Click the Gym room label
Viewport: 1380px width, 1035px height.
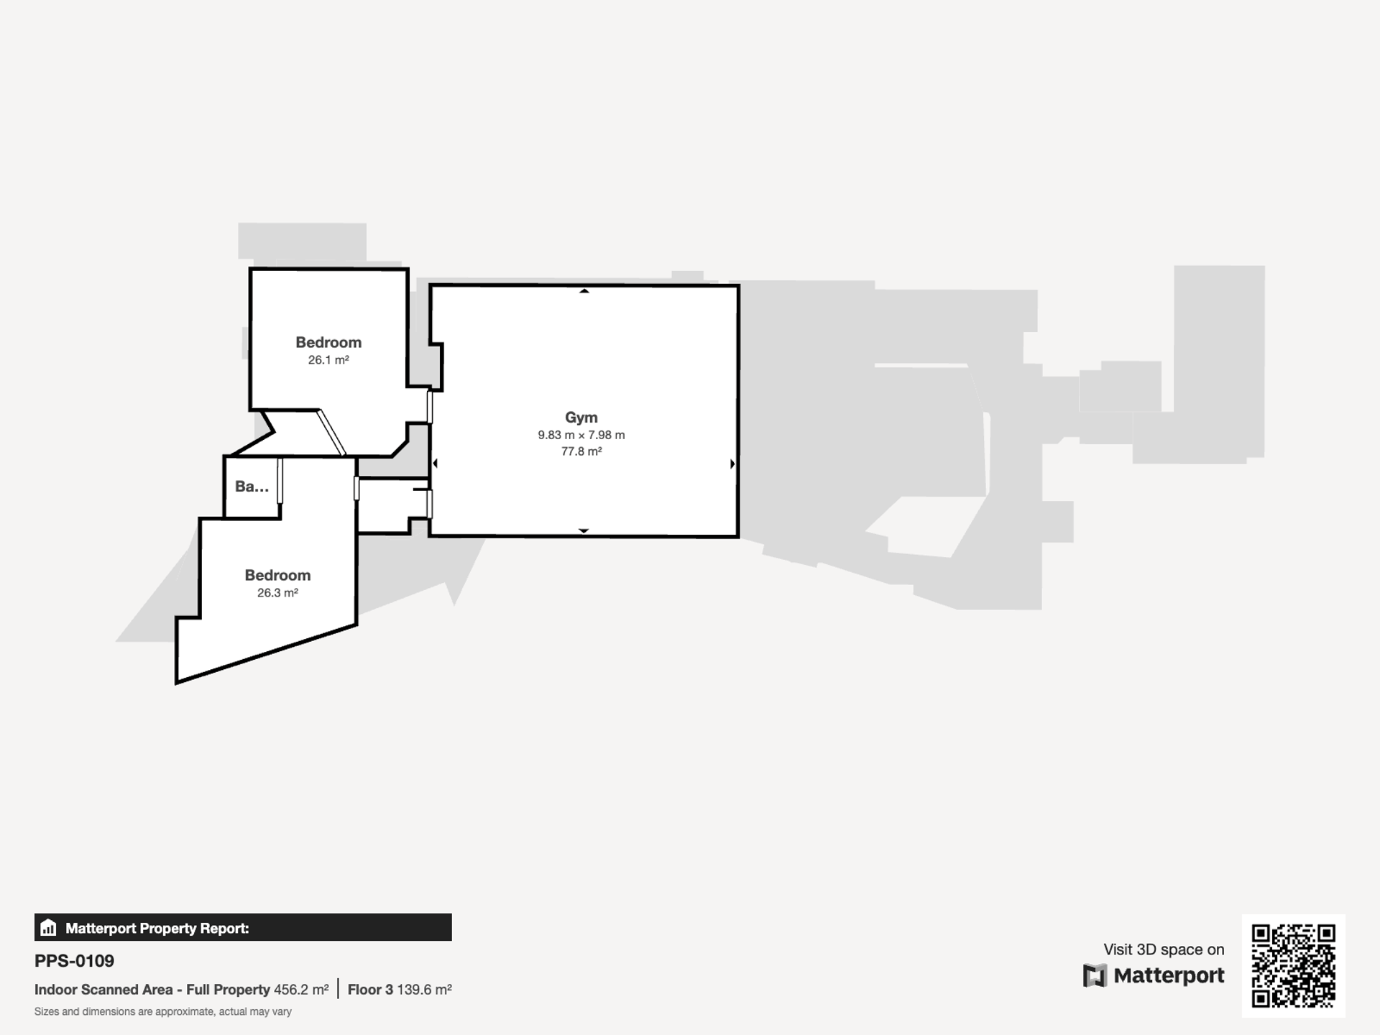(581, 418)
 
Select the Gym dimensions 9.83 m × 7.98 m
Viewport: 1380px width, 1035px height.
(581, 435)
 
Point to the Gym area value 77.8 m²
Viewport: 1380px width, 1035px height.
(581, 451)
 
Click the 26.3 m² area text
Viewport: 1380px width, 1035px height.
(277, 593)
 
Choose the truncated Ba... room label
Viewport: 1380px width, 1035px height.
(252, 487)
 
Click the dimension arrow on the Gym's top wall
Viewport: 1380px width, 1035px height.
(584, 291)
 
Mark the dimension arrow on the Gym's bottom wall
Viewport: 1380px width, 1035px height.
(584, 530)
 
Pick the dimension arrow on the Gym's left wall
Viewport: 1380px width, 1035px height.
(435, 464)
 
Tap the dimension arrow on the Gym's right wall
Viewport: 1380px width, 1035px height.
(732, 464)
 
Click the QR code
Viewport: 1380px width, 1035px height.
(1294, 966)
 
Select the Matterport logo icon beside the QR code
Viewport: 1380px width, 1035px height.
(1095, 976)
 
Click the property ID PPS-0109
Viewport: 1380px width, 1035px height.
(74, 961)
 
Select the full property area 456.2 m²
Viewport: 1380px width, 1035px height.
(301, 990)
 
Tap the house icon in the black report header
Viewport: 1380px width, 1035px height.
(48, 927)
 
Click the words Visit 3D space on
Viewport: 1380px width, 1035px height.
(1164, 949)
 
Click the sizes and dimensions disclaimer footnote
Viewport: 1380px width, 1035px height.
(163, 1012)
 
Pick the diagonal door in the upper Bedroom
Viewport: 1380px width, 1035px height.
(331, 433)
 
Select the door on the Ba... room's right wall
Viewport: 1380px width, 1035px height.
(280, 481)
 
